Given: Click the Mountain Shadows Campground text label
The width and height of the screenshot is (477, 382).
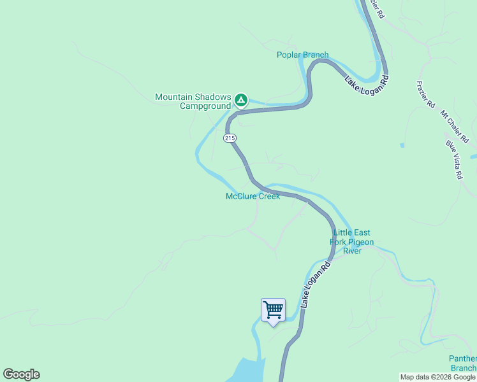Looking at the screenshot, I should (193, 101).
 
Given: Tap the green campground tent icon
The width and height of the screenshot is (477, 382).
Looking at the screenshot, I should (240, 99).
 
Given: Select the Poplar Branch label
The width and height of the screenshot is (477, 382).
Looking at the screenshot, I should (302, 55).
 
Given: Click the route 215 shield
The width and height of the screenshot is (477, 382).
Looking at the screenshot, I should (230, 138).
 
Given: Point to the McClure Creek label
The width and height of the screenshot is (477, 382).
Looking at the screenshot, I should (253, 196).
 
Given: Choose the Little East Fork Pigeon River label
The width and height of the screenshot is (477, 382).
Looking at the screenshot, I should (351, 242).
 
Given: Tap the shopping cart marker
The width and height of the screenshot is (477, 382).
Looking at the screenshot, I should (273, 311).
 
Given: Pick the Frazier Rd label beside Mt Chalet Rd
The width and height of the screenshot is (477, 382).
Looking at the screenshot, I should (425, 94).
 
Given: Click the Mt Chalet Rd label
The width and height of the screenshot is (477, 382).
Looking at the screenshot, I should (454, 125).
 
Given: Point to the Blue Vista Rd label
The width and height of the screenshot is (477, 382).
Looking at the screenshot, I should (454, 159).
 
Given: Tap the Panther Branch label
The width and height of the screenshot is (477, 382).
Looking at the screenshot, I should (463, 363).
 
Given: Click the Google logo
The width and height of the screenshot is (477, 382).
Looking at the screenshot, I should (21, 374).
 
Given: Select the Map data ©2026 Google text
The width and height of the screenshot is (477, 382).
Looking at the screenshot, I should (437, 377).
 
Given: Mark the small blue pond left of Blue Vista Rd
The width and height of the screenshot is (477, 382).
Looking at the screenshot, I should (402, 145).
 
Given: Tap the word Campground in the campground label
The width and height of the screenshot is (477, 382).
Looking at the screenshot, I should (205, 106).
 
